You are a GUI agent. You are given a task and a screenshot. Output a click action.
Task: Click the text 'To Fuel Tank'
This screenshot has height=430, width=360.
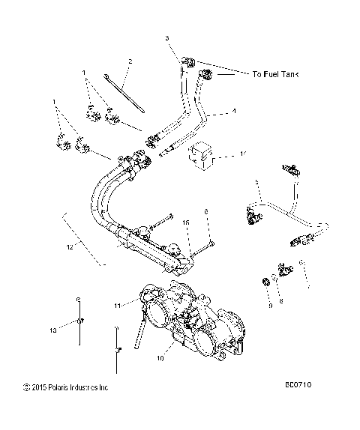click(x=279, y=74)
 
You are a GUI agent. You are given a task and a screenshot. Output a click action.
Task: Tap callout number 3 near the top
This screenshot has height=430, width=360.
click(x=167, y=37)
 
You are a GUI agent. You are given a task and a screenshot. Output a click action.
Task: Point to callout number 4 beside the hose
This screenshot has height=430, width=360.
click(x=234, y=112)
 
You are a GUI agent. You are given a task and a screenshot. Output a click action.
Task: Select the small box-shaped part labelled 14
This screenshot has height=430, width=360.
click(x=200, y=155)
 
